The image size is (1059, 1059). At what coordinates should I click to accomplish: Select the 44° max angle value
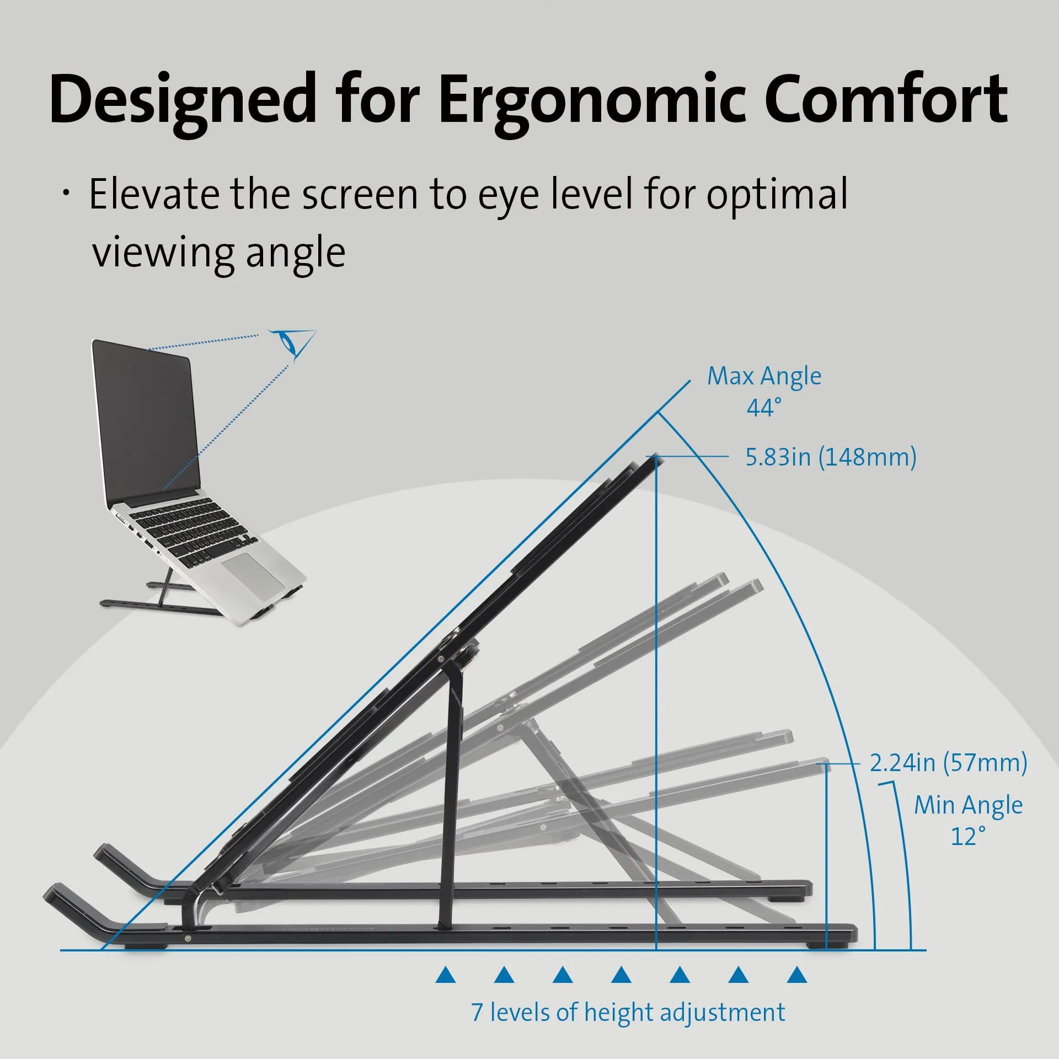(x=764, y=408)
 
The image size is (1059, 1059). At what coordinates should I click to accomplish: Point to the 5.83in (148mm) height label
(x=831, y=457)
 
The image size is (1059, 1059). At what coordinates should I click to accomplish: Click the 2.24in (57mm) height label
(x=948, y=763)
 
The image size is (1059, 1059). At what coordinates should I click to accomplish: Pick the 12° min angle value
(x=968, y=836)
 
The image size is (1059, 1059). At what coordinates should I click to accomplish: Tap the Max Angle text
(x=764, y=377)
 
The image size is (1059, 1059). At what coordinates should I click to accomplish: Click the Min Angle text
(x=968, y=805)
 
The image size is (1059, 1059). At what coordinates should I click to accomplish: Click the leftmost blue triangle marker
(x=445, y=975)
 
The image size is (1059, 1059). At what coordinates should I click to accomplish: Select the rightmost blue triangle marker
(x=796, y=975)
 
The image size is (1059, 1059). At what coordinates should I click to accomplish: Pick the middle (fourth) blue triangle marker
(x=621, y=975)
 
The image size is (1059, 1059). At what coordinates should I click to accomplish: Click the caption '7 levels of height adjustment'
(x=628, y=1013)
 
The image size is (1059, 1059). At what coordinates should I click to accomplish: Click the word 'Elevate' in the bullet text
(x=153, y=194)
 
